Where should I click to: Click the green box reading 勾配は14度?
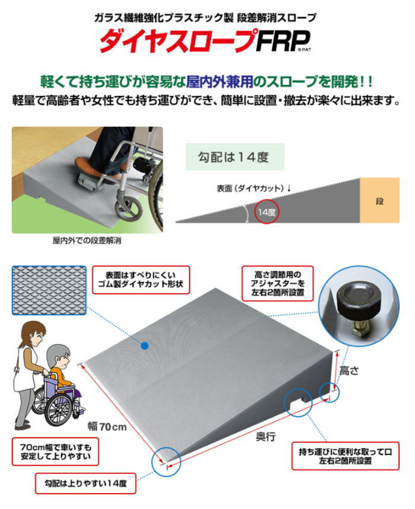[x=234, y=157]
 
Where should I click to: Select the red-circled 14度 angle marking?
[x=266, y=212]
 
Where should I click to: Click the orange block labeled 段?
[x=379, y=200]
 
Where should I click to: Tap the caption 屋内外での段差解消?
[x=87, y=241]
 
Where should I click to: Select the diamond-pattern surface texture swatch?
[x=49, y=290]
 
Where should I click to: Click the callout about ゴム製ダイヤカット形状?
[x=141, y=280]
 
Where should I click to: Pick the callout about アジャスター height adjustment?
[x=277, y=283]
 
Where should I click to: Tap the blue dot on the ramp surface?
[x=145, y=346]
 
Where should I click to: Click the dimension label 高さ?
[x=349, y=371]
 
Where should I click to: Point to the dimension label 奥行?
[x=266, y=437]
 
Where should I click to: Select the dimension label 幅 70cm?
[x=107, y=426]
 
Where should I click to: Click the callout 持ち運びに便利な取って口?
[x=345, y=456]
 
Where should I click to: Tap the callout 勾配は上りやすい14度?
[x=85, y=484]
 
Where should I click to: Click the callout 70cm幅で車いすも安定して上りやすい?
[x=56, y=452]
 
